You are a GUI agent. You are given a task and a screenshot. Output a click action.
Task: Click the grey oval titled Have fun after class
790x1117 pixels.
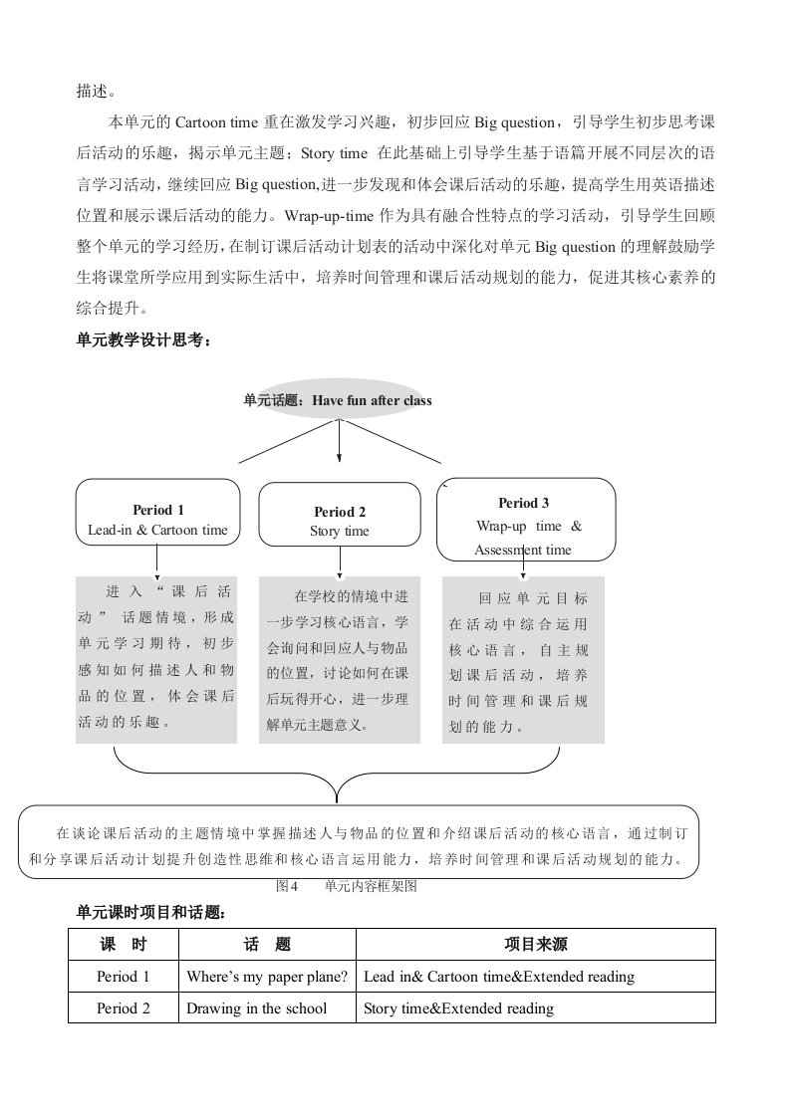tap(338, 400)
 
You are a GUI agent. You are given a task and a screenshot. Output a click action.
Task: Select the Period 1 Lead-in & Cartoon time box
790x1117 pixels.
tap(157, 513)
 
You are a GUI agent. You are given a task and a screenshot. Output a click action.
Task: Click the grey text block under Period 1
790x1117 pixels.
tap(157, 659)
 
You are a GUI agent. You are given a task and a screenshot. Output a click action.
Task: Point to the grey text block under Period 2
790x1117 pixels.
tap(339, 659)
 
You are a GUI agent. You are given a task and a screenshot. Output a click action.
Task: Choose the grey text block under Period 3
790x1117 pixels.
tap(523, 659)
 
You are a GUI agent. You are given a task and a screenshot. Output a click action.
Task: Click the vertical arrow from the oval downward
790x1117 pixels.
tap(340, 439)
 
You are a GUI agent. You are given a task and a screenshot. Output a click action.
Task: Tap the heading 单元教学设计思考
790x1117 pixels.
tap(143, 339)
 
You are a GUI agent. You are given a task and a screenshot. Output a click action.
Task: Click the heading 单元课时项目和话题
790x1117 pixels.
tap(150, 911)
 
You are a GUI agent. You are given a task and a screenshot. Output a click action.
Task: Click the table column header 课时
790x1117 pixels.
tap(123, 944)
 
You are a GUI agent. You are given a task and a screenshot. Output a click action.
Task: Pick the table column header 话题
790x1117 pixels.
tap(267, 944)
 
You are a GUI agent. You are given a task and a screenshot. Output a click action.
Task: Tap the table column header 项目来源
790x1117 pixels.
tap(536, 944)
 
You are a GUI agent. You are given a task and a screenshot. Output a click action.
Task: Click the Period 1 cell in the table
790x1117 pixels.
tap(123, 977)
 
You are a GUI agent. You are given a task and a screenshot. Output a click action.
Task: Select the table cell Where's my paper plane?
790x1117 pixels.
tap(267, 977)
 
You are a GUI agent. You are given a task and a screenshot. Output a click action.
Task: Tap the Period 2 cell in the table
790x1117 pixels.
tap(123, 1008)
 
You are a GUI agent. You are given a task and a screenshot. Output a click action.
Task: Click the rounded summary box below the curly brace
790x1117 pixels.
tap(359, 844)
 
